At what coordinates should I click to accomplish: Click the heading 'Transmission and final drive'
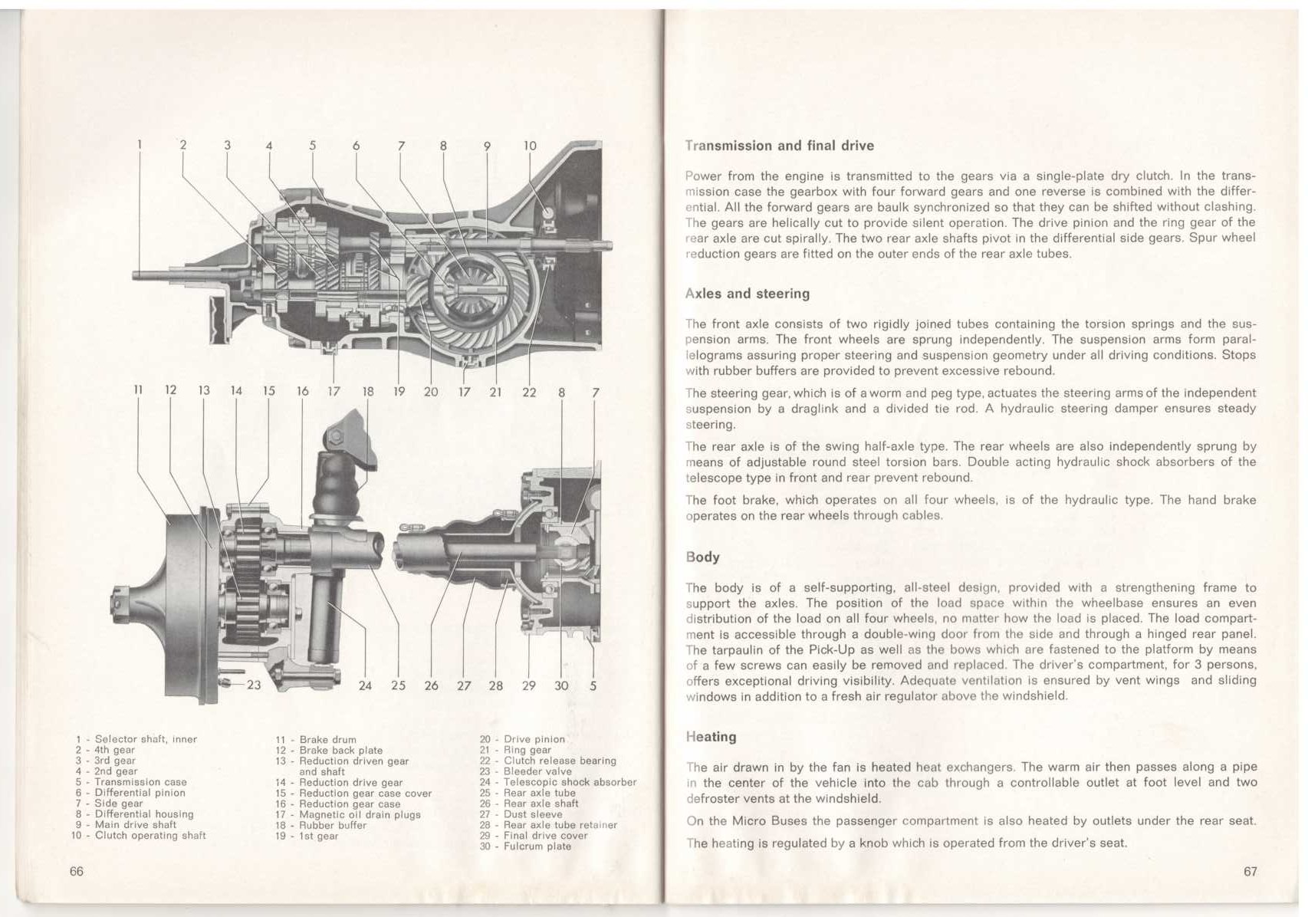point(779,146)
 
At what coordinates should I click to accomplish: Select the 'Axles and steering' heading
point(747,294)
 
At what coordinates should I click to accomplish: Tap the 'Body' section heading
point(702,557)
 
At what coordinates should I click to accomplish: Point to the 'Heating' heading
point(711,737)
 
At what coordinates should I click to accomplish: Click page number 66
point(76,871)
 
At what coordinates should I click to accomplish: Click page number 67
point(1250,871)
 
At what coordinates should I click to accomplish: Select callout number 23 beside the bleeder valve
point(254,685)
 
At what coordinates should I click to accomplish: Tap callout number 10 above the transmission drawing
point(530,146)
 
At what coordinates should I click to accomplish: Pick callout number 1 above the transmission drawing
point(140,144)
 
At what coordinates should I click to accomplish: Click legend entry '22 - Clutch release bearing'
point(547,761)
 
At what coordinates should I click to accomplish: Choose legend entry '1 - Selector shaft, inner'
point(136,739)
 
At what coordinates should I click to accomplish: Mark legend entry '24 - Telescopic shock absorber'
point(558,782)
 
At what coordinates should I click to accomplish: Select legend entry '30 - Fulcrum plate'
point(526,846)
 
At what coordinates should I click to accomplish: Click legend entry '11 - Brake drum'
point(316,740)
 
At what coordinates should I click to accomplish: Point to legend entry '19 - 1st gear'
point(307,836)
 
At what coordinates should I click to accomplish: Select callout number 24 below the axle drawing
point(365,685)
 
